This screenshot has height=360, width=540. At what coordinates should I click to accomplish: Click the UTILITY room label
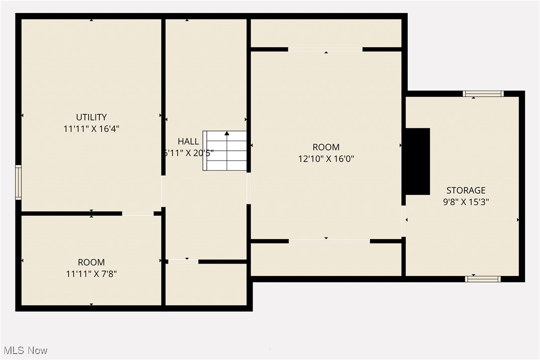click(91, 117)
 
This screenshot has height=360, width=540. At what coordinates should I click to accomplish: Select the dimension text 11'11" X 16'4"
click(91, 129)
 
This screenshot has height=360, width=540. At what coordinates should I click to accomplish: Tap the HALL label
click(188, 142)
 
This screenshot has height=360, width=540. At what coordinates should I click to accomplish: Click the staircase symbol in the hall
click(225, 151)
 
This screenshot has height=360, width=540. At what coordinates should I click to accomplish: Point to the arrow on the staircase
click(227, 134)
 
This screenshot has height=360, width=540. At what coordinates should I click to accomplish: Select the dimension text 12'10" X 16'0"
click(326, 159)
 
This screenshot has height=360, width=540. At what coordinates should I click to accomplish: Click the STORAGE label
click(465, 190)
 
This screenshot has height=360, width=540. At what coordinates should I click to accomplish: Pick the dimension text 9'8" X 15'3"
click(465, 202)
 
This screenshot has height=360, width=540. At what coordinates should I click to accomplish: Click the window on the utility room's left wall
click(18, 182)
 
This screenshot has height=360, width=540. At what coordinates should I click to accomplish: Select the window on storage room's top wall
click(483, 93)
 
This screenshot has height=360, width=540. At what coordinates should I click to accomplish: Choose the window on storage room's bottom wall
click(483, 279)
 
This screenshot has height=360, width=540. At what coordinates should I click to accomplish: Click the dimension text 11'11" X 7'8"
click(91, 273)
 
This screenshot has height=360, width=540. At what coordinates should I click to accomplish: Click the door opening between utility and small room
click(138, 214)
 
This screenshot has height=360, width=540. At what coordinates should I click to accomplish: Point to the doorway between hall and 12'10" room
click(249, 188)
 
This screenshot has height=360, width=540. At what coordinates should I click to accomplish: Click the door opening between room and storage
click(404, 221)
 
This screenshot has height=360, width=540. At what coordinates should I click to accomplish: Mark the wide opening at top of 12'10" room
click(325, 49)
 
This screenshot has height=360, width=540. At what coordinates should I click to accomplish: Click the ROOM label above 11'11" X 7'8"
click(91, 263)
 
